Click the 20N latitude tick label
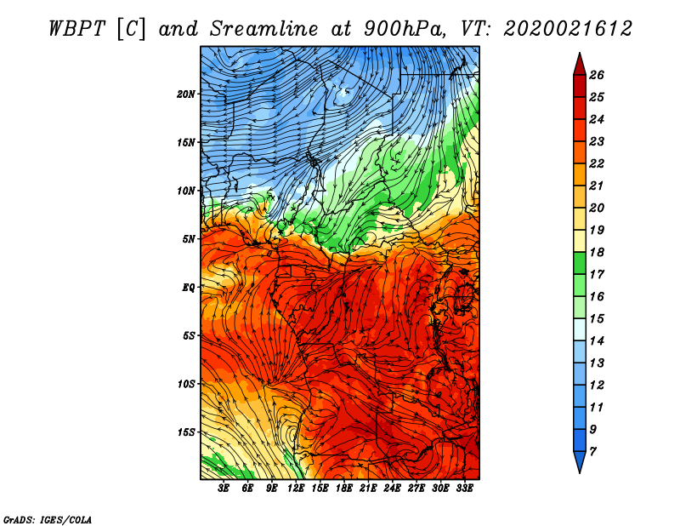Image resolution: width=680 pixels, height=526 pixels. pyautogui.click(x=186, y=94)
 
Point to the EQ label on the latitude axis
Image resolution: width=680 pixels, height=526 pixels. pyautogui.click(x=189, y=288)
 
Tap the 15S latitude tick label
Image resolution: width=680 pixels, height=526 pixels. pyautogui.click(x=186, y=432)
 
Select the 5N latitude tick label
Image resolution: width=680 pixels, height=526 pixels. pyautogui.click(x=189, y=239)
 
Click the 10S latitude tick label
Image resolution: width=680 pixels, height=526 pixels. pyautogui.click(x=186, y=385)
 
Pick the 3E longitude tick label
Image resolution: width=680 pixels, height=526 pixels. pyautogui.click(x=224, y=489)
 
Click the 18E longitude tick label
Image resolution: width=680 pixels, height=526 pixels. pyautogui.click(x=344, y=489)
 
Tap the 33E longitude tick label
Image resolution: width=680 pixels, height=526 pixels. pyautogui.click(x=464, y=489)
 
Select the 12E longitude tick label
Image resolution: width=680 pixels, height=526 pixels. pyautogui.click(x=296, y=489)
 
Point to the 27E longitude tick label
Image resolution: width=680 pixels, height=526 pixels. pyautogui.click(x=416, y=489)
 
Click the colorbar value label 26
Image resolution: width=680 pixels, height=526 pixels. pyautogui.click(x=597, y=76)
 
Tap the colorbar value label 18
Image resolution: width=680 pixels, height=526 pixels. pyautogui.click(x=597, y=253)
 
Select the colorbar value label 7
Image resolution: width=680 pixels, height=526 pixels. pyautogui.click(x=592, y=452)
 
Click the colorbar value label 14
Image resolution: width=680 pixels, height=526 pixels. pyautogui.click(x=597, y=341)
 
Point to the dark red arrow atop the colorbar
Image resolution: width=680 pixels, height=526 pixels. pyautogui.click(x=580, y=65)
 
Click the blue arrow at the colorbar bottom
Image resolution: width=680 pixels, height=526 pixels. pyautogui.click(x=580, y=462)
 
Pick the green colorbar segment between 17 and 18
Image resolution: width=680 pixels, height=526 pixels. pyautogui.click(x=580, y=264)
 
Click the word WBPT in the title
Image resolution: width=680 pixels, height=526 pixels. pyautogui.click(x=76, y=29)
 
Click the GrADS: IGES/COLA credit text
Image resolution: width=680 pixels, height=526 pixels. pyautogui.click(x=48, y=520)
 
